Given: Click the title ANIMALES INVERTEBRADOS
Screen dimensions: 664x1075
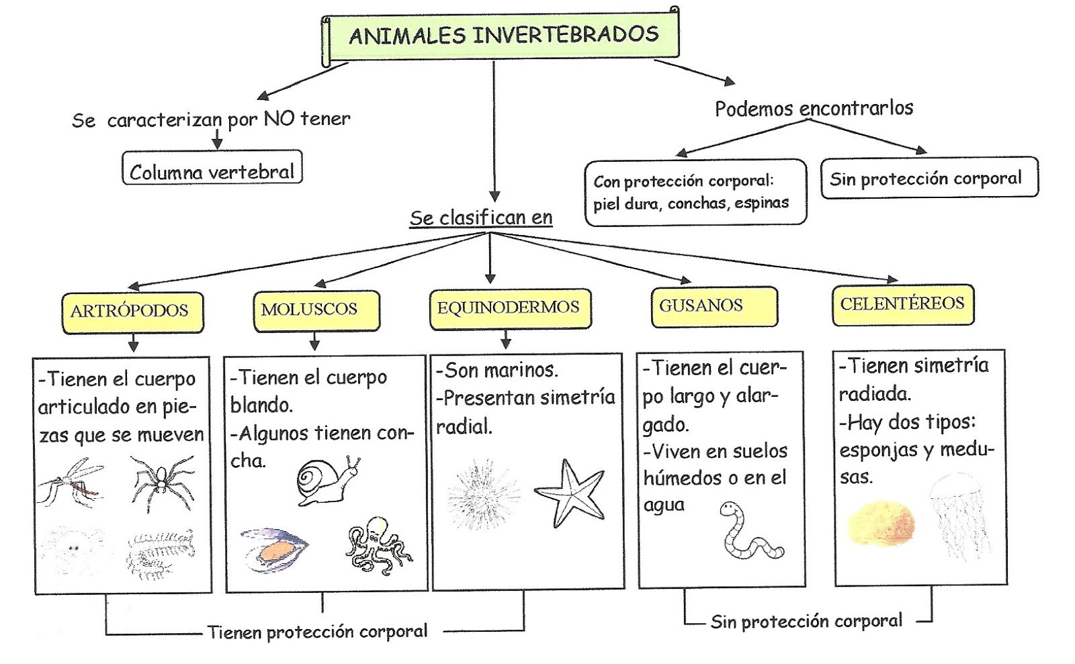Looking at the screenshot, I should click(x=503, y=36).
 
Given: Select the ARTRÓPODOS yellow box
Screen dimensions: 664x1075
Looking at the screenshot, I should click(x=132, y=312).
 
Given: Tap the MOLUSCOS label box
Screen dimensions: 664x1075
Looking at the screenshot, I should click(x=316, y=310).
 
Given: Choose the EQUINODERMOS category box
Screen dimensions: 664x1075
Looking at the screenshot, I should click(x=509, y=308).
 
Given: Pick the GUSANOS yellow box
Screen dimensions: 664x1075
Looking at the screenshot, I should click(x=714, y=307).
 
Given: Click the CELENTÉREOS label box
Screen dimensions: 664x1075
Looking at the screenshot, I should click(x=902, y=305).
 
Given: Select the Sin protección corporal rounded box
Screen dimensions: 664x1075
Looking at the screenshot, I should click(x=928, y=178).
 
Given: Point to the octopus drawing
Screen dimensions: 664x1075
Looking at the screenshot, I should click(x=378, y=545).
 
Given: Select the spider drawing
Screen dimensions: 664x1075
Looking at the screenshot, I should click(x=161, y=481).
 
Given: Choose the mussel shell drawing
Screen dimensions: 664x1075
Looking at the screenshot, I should click(x=273, y=550).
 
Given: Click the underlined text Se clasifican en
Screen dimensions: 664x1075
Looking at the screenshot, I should click(x=481, y=218).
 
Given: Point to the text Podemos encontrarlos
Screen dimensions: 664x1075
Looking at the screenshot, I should click(x=814, y=109).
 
